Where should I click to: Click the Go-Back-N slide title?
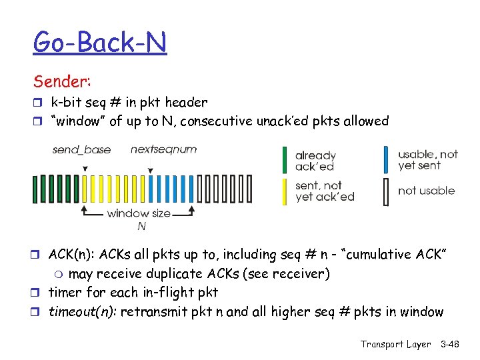[x=100, y=43]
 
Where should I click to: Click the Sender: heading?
[x=63, y=81]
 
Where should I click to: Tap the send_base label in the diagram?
[x=82, y=149]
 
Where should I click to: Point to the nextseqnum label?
[x=164, y=149]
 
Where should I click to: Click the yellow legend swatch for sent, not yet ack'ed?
[x=285, y=191]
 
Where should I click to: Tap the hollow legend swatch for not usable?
[x=386, y=191]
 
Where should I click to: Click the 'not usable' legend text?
[x=427, y=191]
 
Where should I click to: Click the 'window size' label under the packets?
[x=139, y=213]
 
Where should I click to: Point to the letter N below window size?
[x=142, y=227]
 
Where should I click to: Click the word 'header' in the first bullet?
[x=188, y=103]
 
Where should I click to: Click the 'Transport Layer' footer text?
[x=396, y=344]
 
